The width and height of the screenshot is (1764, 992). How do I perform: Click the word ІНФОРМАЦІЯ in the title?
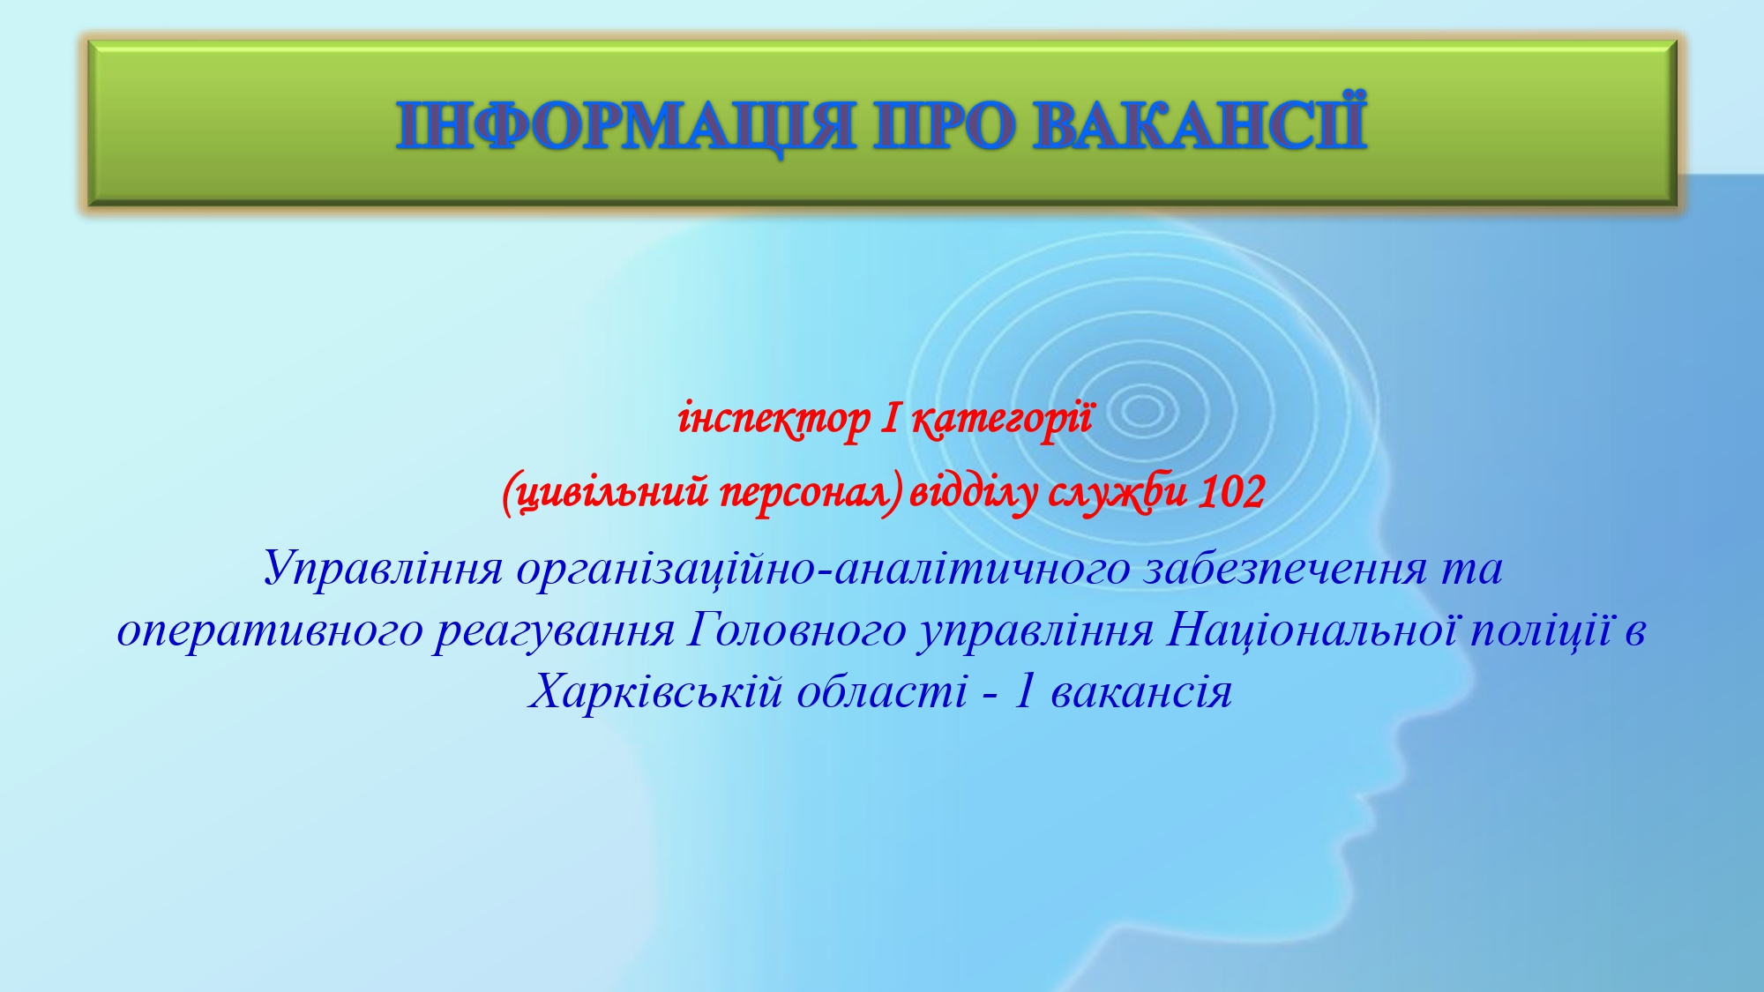(x=624, y=125)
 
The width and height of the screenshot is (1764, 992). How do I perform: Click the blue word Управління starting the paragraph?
(x=384, y=569)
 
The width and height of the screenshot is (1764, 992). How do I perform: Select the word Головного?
(x=796, y=631)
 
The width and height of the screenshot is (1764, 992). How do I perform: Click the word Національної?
(x=1312, y=630)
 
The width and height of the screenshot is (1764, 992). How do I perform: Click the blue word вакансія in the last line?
(x=1141, y=693)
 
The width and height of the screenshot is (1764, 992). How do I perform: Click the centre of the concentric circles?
(x=1142, y=411)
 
